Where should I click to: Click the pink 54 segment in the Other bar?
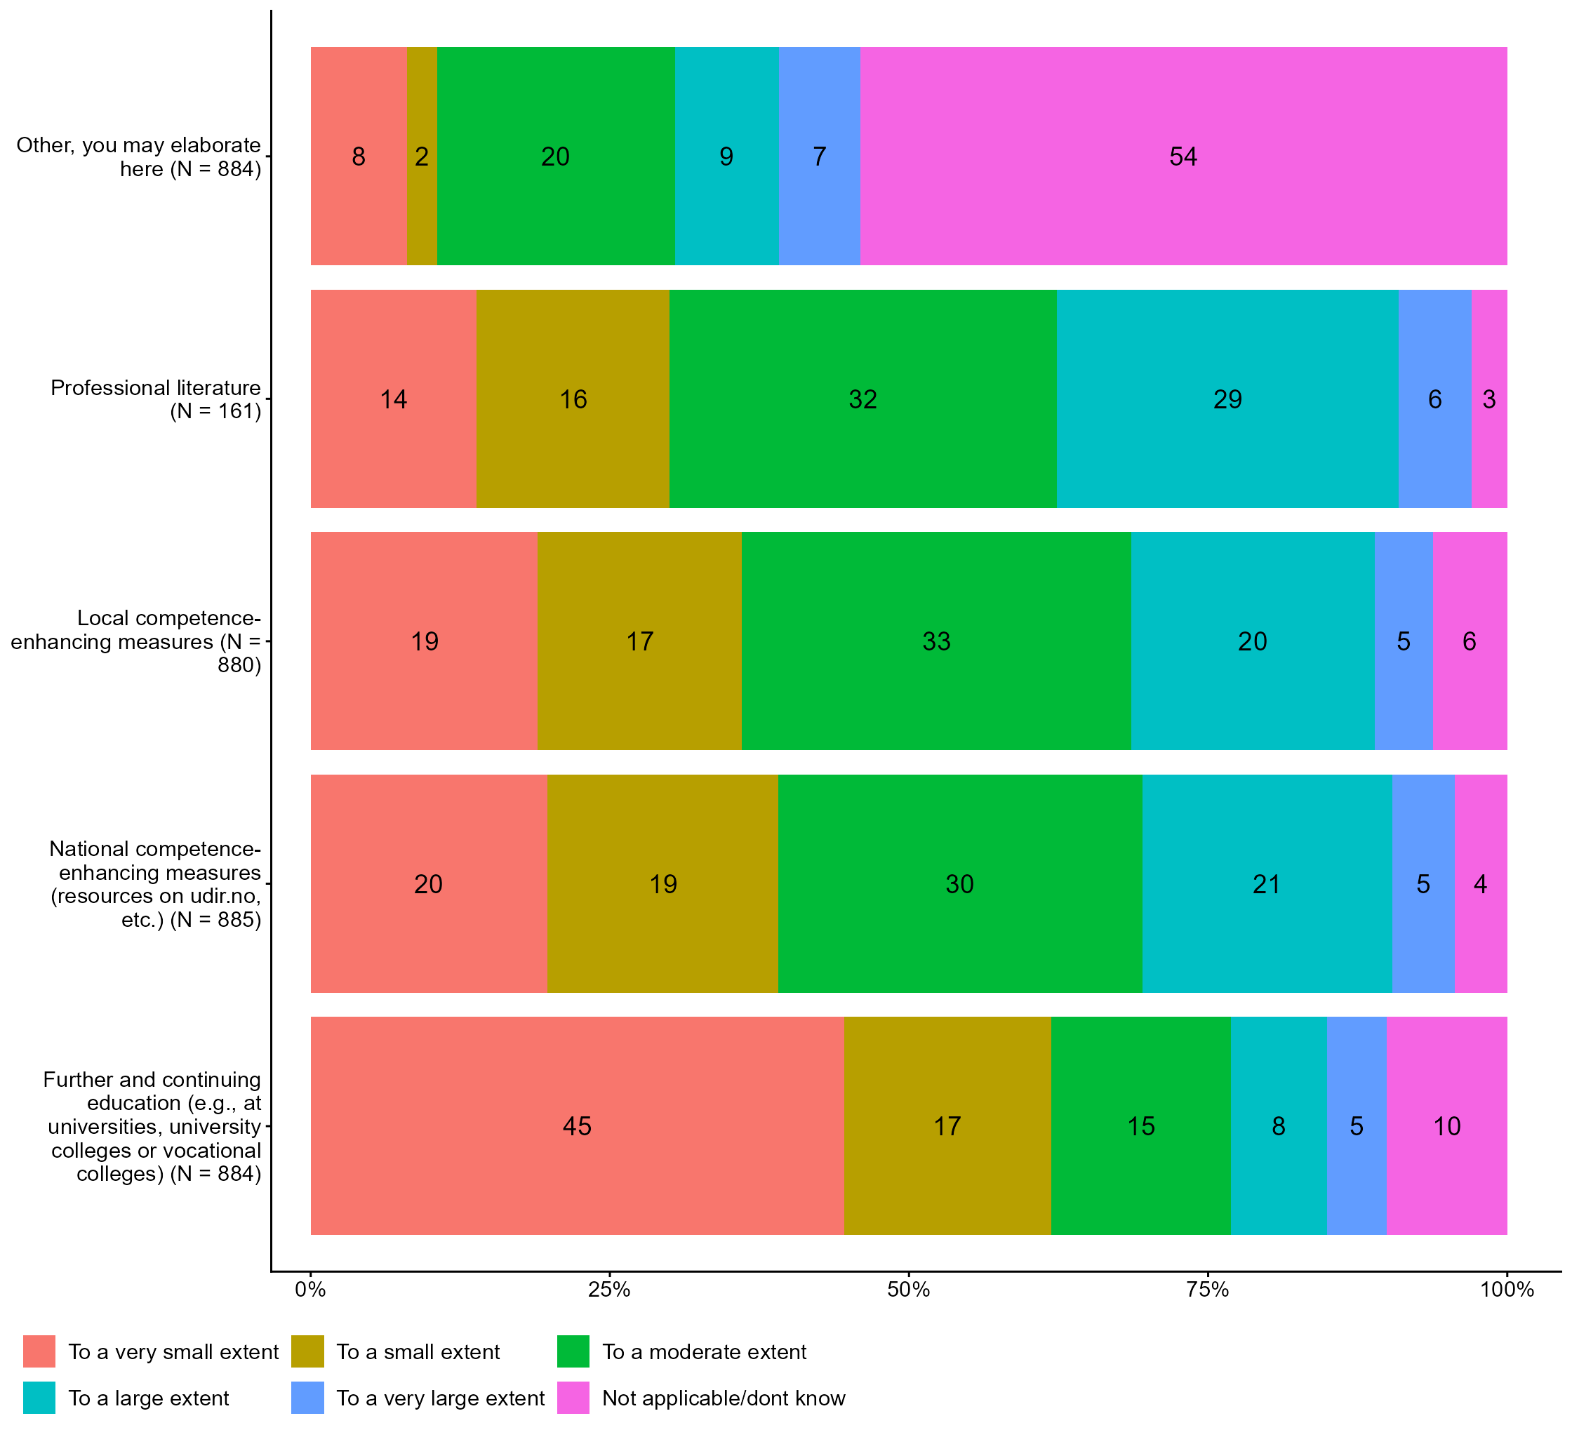(x=1183, y=156)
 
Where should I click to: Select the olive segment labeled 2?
(x=422, y=156)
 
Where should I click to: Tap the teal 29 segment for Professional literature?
(x=1227, y=399)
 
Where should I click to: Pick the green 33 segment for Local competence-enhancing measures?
(x=935, y=641)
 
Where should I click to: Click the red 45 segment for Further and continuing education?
(x=577, y=1126)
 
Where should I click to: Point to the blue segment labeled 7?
(x=819, y=156)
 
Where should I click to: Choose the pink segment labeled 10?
(x=1446, y=1126)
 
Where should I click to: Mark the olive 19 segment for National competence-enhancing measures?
(x=662, y=883)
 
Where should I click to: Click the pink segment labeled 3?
(x=1488, y=399)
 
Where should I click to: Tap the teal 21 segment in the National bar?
(x=1266, y=883)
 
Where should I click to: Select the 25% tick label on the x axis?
(x=609, y=1290)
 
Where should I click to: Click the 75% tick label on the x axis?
(x=1207, y=1290)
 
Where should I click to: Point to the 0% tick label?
(x=310, y=1290)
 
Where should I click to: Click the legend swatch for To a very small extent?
(x=39, y=1351)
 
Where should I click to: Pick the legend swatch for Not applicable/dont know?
(x=573, y=1398)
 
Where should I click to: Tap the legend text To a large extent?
(x=148, y=1398)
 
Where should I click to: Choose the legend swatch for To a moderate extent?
(x=573, y=1351)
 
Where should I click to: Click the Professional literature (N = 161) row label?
(x=156, y=399)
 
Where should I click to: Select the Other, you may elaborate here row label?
(x=139, y=156)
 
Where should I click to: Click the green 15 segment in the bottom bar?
(x=1141, y=1126)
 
